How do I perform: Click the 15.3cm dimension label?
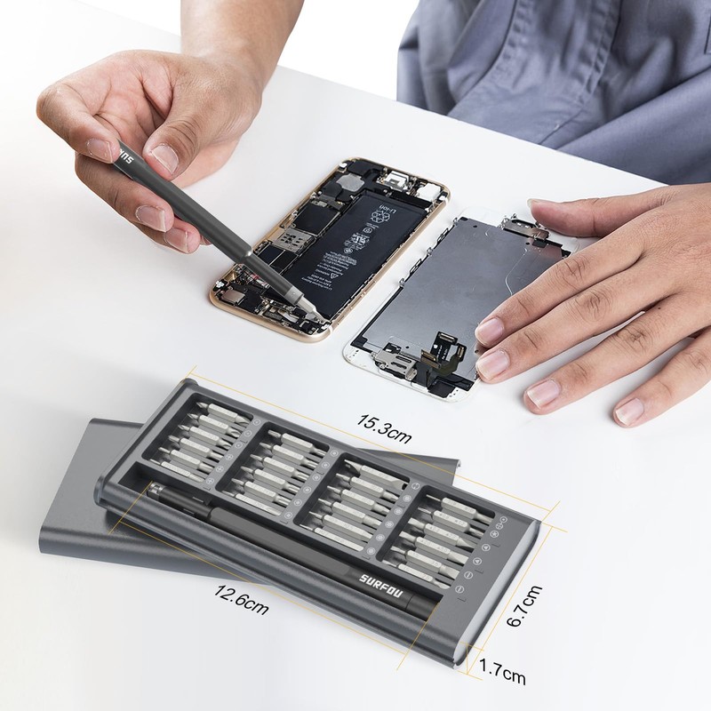tap(384, 427)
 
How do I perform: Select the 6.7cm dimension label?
tap(524, 605)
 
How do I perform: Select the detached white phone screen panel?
tap(453, 302)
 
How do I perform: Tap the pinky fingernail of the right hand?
tap(629, 410)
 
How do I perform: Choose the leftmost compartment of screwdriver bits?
tap(200, 435)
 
